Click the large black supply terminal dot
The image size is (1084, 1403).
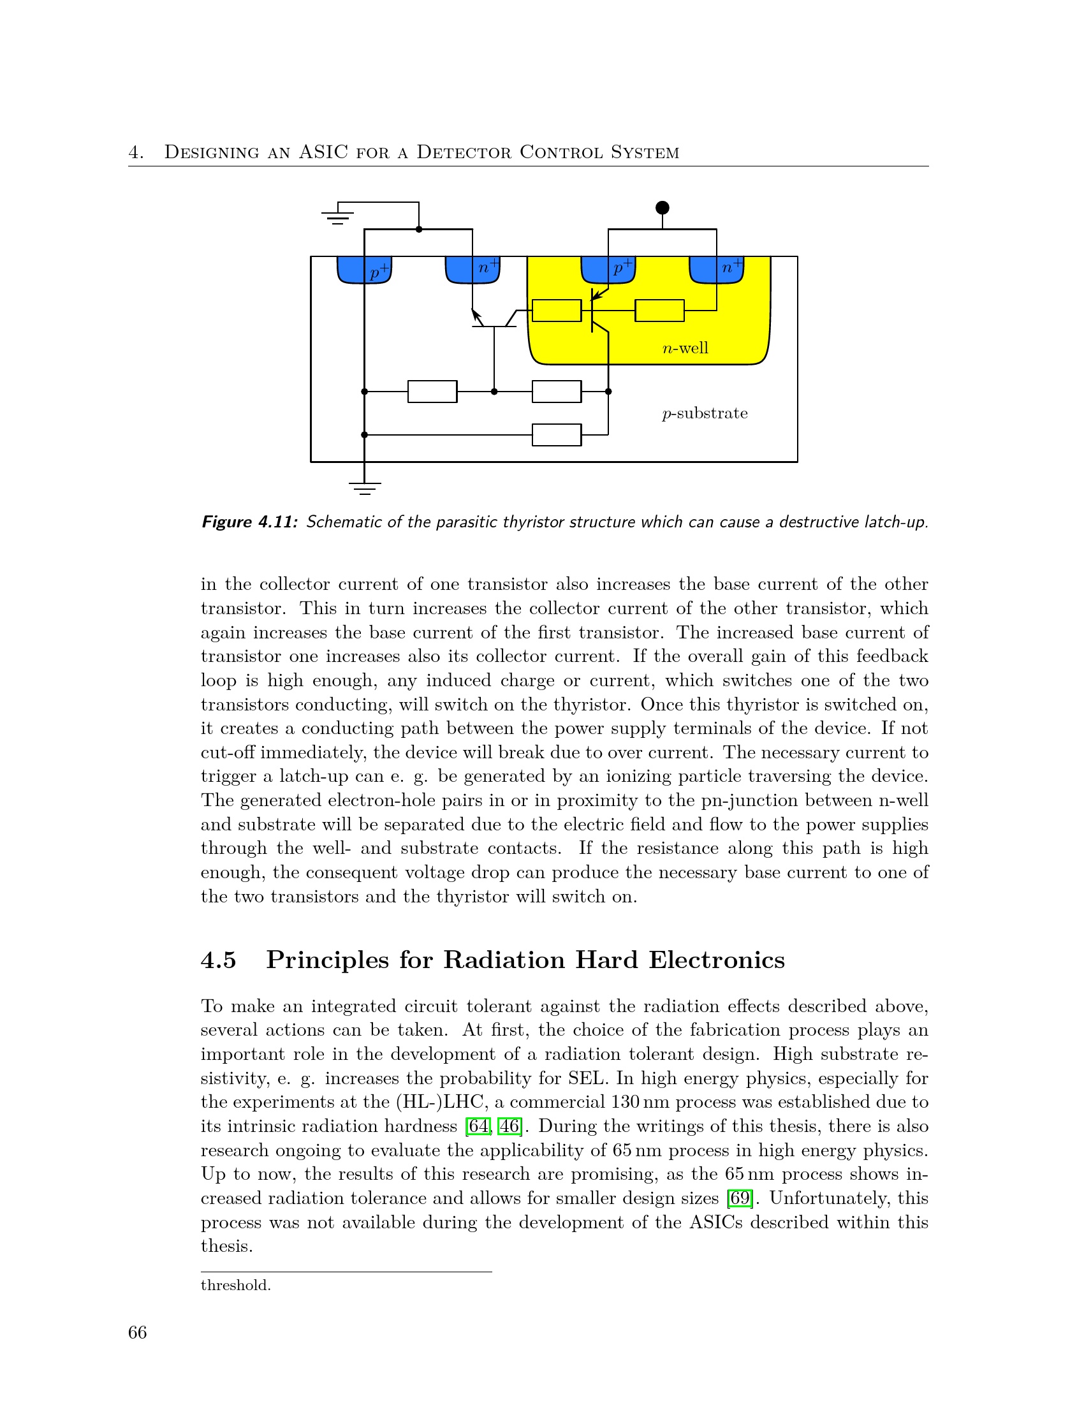coord(662,207)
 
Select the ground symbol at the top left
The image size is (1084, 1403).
coord(338,216)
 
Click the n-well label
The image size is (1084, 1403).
coord(685,348)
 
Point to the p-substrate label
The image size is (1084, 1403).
coord(705,413)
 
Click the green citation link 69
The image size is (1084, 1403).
coord(740,1198)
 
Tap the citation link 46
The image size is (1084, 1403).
coord(509,1126)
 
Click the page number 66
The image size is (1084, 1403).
coord(138,1333)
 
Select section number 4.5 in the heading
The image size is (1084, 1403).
coord(218,960)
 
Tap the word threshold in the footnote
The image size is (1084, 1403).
coord(236,1286)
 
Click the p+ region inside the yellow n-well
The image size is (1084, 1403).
coord(608,269)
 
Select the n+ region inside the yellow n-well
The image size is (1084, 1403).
coord(716,269)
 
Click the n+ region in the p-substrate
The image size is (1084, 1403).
coord(472,269)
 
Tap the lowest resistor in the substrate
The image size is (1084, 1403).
coord(557,435)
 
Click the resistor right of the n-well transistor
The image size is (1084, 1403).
coord(659,311)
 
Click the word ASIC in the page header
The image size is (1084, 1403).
coord(323,152)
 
